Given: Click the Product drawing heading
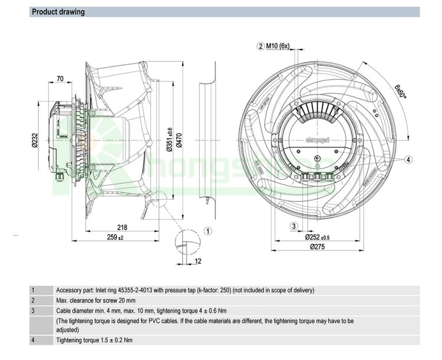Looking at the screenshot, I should pyautogui.click(x=58, y=12).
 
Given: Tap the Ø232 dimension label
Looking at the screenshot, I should pyautogui.click(x=35, y=141).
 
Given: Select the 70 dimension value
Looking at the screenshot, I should pyautogui.click(x=60, y=79).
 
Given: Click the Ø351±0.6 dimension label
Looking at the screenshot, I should pyautogui.click(x=169, y=140).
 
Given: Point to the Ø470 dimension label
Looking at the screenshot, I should pyautogui.click(x=179, y=140).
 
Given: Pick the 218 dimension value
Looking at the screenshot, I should pyautogui.click(x=122, y=228).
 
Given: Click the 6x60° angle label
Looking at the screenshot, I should pyautogui.click(x=401, y=91).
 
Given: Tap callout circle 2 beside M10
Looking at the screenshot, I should pyautogui.click(x=260, y=47).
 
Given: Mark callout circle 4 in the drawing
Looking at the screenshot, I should pyautogui.click(x=408, y=159).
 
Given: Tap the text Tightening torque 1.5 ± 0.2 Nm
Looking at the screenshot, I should pyautogui.click(x=94, y=340).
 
